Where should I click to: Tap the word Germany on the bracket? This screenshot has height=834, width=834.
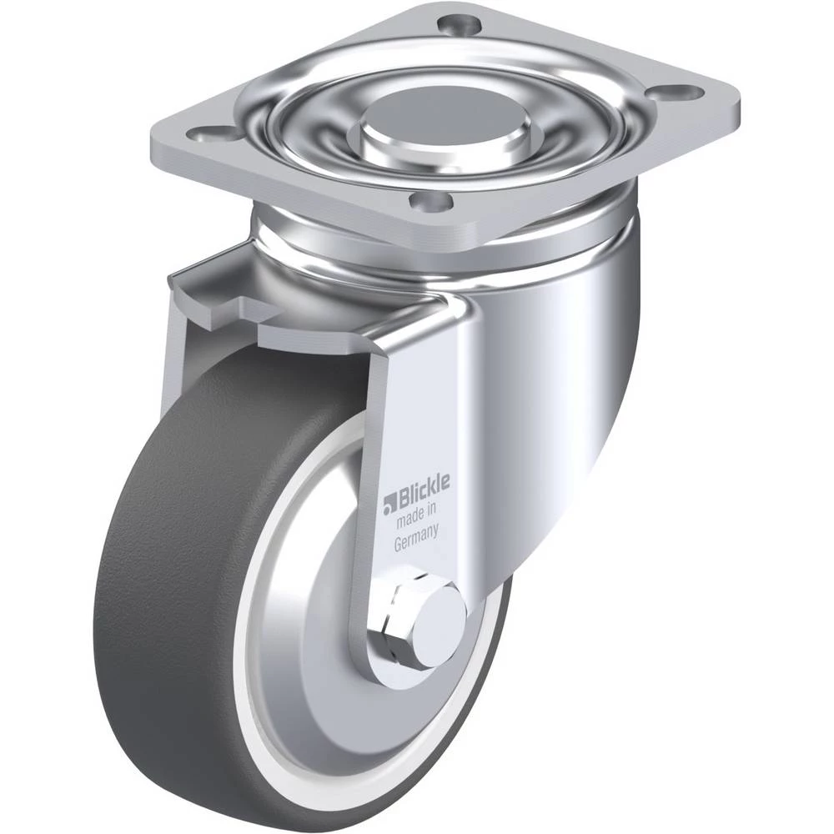pos(416,538)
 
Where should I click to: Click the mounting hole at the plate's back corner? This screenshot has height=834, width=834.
pos(459,24)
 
